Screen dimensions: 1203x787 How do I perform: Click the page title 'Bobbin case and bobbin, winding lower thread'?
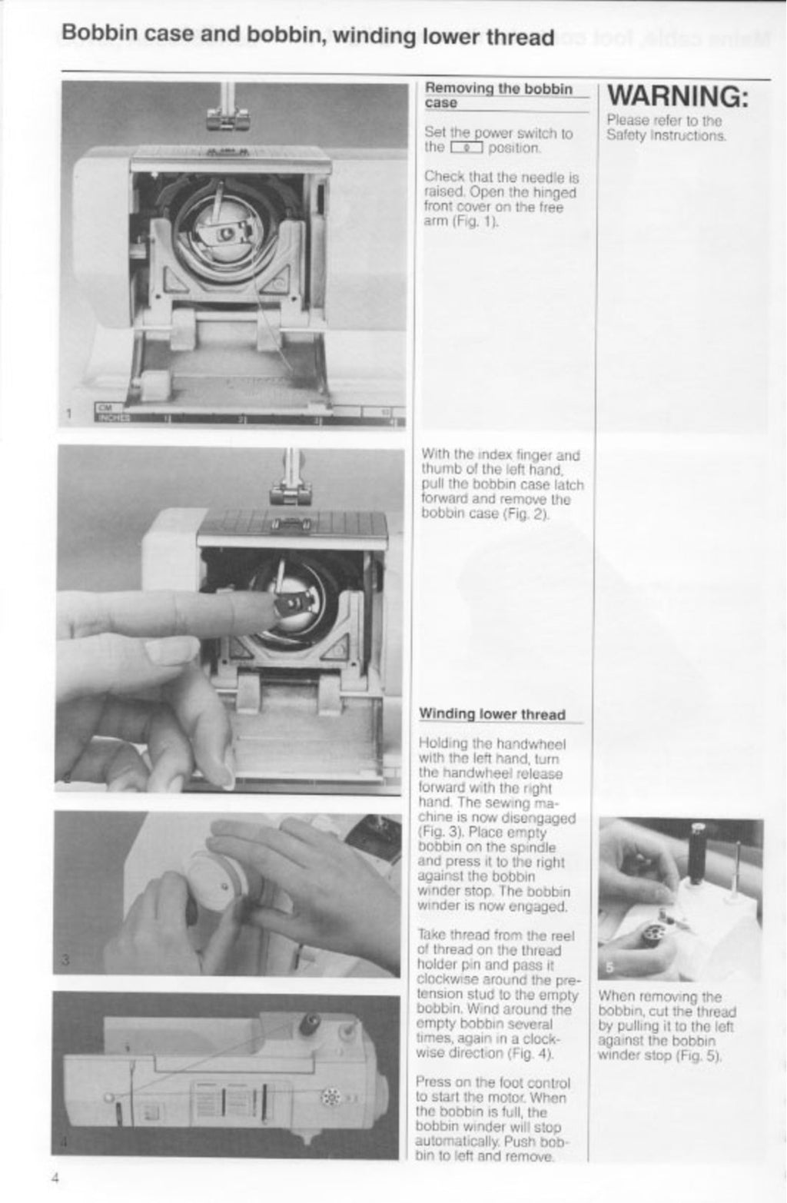click(x=307, y=36)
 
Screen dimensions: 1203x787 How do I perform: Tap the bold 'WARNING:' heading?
click(x=677, y=96)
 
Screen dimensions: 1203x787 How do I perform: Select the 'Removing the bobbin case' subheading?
click(x=498, y=95)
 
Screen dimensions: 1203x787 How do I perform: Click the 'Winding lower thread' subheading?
click(x=491, y=714)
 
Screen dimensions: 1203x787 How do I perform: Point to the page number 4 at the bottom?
click(x=56, y=1178)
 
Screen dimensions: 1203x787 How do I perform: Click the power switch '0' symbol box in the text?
click(x=466, y=148)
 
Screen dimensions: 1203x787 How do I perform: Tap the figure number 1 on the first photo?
click(x=69, y=415)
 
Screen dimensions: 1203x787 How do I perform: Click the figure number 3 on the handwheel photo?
click(x=66, y=959)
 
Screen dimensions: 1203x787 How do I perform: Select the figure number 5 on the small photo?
click(x=609, y=967)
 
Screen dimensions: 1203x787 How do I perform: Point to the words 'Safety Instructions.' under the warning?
click(x=666, y=136)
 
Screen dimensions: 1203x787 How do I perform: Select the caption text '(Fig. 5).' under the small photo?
click(x=699, y=1055)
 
